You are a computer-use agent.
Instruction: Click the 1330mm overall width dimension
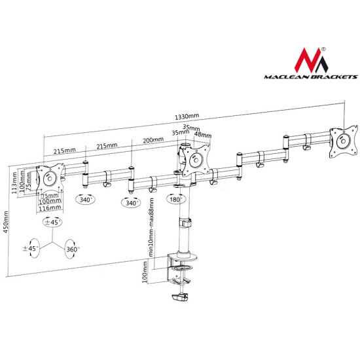click(187, 117)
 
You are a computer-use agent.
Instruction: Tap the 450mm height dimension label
click(6, 222)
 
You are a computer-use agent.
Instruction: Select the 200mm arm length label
click(153, 140)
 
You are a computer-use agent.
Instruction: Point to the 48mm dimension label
click(203, 134)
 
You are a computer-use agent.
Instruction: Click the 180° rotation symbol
click(176, 199)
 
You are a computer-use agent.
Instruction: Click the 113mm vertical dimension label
click(14, 183)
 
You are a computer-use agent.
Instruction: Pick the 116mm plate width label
click(50, 208)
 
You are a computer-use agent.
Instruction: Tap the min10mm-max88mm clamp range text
click(151, 228)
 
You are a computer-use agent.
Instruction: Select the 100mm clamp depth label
click(145, 272)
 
